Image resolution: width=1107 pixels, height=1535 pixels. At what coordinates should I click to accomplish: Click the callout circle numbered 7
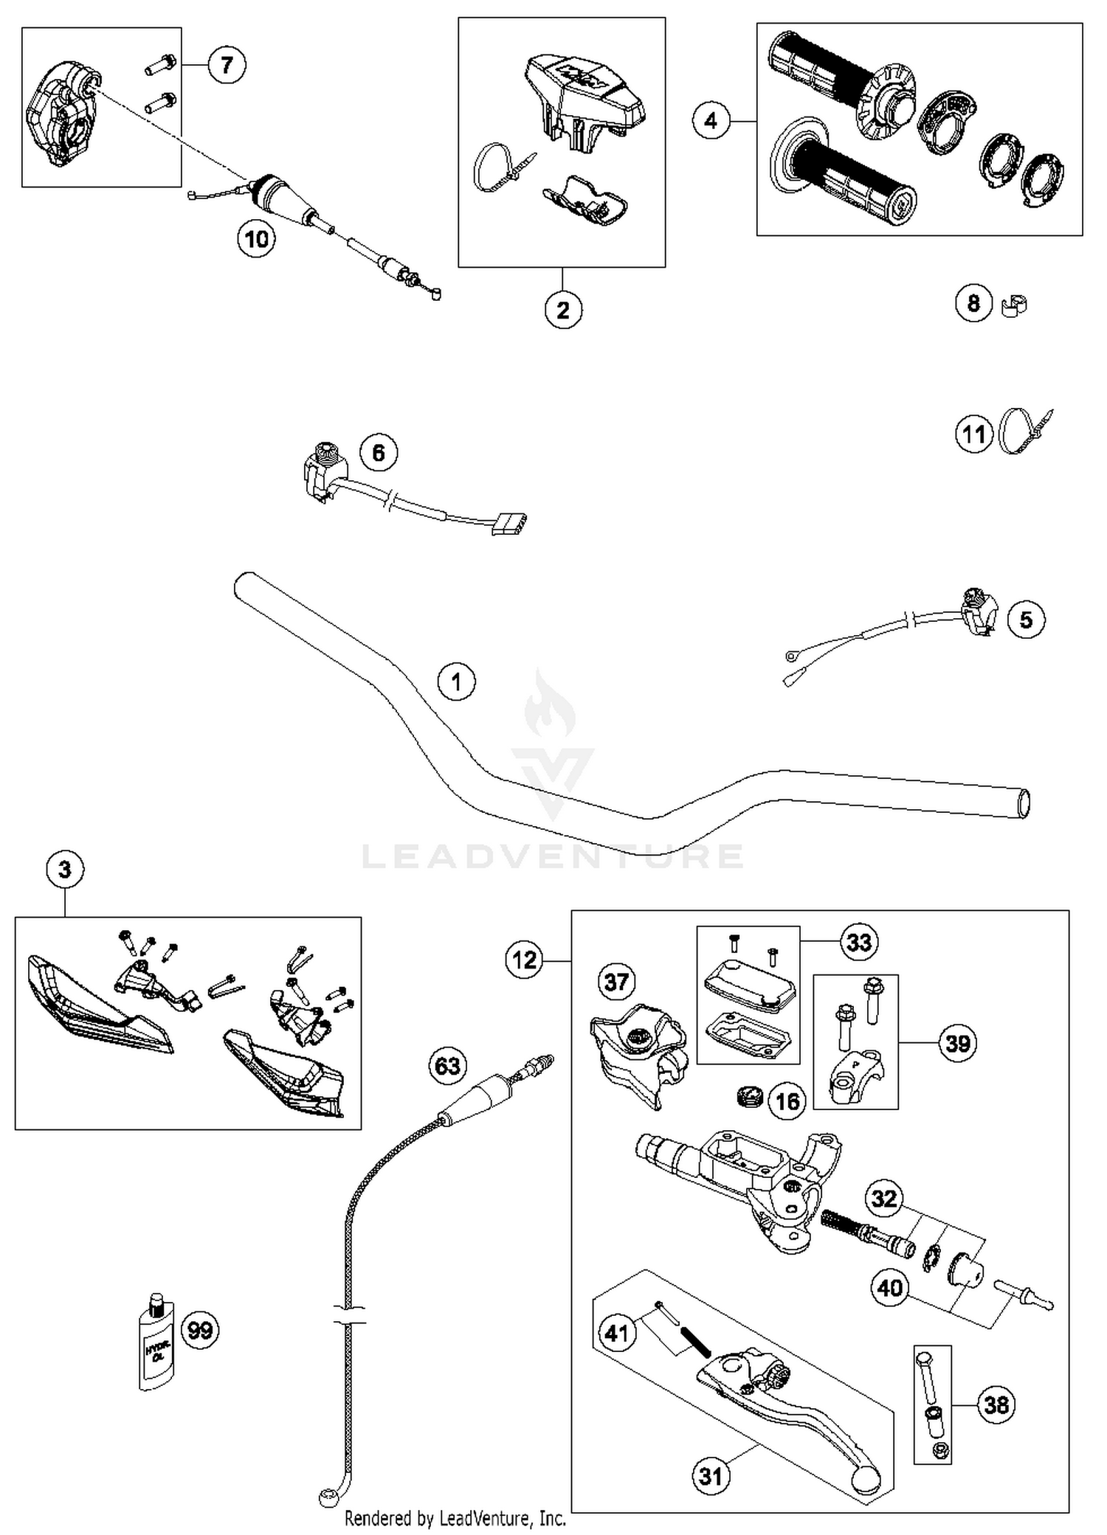click(x=227, y=65)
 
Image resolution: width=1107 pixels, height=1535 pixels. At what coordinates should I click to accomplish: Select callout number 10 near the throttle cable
click(x=256, y=239)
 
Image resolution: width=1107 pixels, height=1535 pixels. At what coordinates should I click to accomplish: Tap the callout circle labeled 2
click(x=563, y=310)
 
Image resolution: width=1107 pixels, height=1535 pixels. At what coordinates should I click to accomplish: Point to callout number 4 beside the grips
click(x=711, y=120)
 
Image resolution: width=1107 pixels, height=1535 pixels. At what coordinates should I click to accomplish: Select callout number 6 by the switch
click(x=379, y=452)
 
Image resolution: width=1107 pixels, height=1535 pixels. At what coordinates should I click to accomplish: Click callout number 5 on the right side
click(x=1026, y=620)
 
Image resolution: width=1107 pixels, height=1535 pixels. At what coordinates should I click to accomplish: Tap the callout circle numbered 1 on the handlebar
click(x=456, y=682)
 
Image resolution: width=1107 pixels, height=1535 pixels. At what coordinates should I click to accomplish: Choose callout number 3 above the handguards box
click(x=65, y=870)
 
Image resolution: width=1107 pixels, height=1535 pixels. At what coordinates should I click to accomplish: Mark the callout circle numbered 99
click(x=200, y=1330)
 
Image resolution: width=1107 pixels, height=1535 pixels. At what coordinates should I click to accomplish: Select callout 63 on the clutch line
click(x=448, y=1066)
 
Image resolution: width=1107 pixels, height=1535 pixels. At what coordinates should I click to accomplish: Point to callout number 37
click(x=616, y=982)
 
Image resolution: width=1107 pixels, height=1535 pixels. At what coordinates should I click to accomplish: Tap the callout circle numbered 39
click(x=958, y=1043)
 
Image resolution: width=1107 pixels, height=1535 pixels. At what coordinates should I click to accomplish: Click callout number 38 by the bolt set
click(x=996, y=1404)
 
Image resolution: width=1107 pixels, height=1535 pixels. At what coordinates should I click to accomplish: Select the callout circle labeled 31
click(x=711, y=1476)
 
